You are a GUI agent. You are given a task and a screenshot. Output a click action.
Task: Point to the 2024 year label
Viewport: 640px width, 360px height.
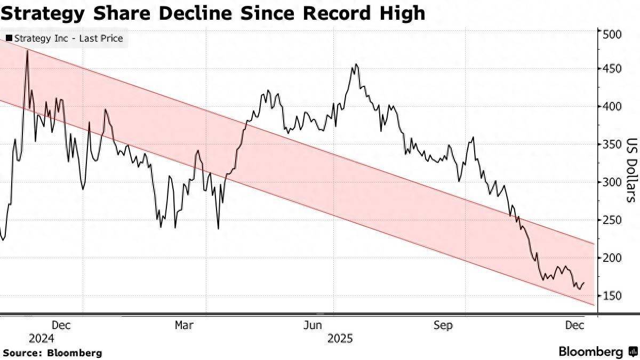click(42, 338)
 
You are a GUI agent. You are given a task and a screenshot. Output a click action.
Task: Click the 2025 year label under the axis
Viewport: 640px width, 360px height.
click(340, 338)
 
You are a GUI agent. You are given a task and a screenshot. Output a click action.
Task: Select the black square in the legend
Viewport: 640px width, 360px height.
click(9, 38)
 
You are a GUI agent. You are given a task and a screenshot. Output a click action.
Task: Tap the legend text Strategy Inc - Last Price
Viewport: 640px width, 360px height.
click(68, 38)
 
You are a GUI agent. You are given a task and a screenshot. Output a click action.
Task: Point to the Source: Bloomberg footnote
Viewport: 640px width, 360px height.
click(52, 353)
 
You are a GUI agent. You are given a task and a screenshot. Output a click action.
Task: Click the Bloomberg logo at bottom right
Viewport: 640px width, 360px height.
click(597, 352)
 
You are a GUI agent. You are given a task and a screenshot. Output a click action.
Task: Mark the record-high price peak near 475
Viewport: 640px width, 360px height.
click(27, 51)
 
